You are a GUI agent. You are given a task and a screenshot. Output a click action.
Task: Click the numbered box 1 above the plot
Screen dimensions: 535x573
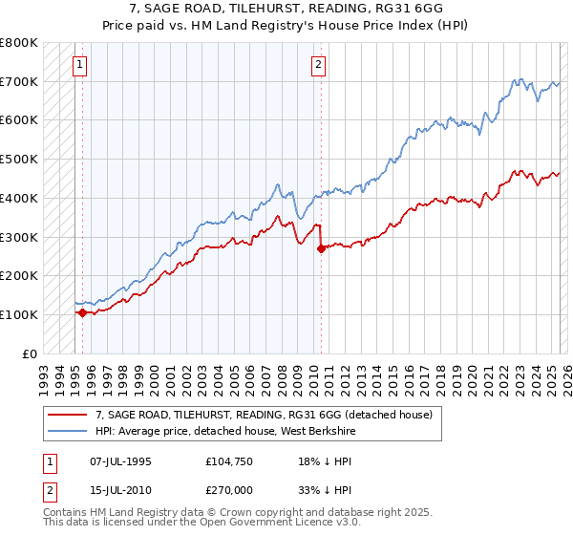(78, 65)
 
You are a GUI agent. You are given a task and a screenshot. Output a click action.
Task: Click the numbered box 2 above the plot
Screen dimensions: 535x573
(317, 65)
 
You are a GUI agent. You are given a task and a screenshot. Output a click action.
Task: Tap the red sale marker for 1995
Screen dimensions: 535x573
(82, 312)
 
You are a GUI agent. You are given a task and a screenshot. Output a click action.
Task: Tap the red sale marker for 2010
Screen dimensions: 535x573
(321, 248)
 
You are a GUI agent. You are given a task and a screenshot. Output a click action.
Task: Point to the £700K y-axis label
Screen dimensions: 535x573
(19, 81)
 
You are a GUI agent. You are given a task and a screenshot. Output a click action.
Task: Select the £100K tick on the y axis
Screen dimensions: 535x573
(19, 314)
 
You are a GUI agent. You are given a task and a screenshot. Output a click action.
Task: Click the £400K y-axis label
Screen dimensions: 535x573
(19, 198)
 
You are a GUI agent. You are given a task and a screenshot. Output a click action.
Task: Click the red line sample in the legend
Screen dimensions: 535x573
(68, 415)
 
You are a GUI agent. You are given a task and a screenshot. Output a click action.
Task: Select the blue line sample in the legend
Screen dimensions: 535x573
(68, 431)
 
